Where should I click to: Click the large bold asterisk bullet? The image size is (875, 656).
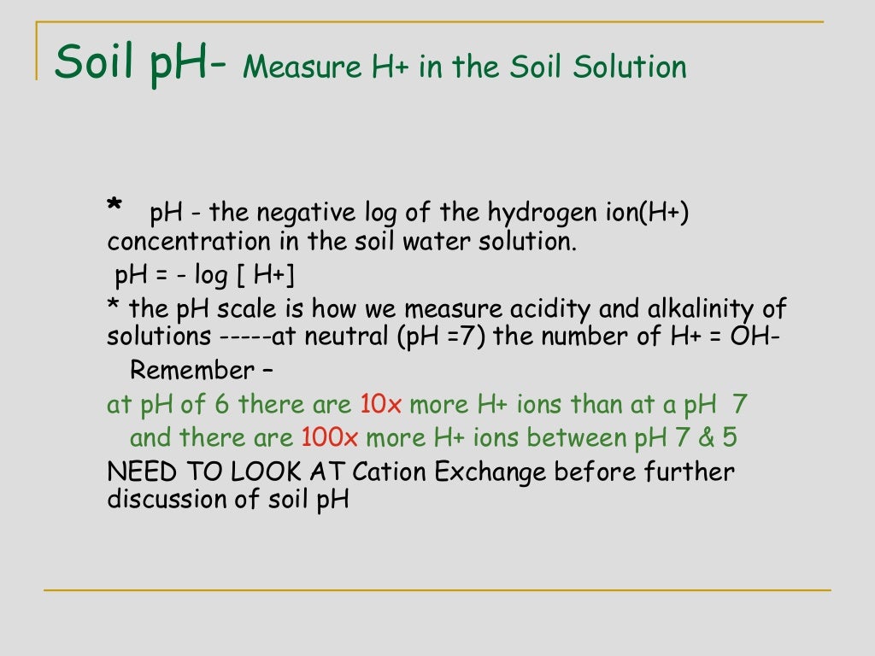(x=115, y=208)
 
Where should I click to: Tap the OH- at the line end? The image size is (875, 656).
(x=755, y=336)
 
